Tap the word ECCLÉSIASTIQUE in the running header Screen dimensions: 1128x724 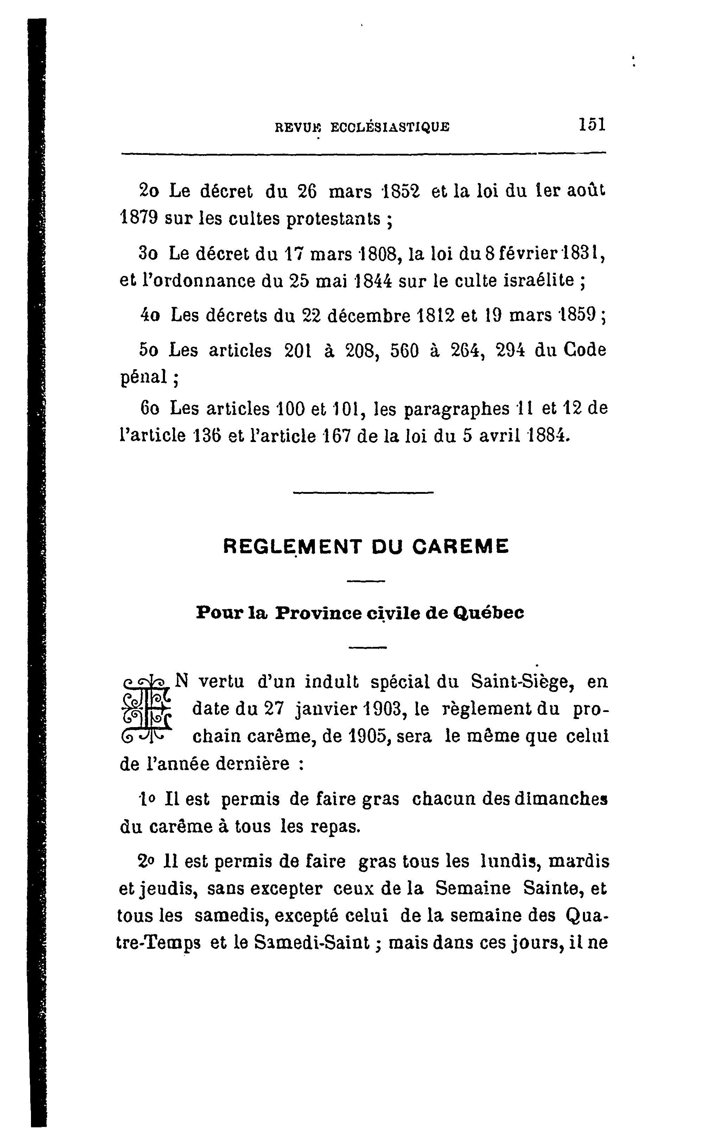pyautogui.click(x=390, y=127)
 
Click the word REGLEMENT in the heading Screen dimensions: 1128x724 pyautogui.click(x=292, y=546)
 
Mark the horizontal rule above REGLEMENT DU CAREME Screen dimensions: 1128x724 pyautogui.click(x=363, y=493)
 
